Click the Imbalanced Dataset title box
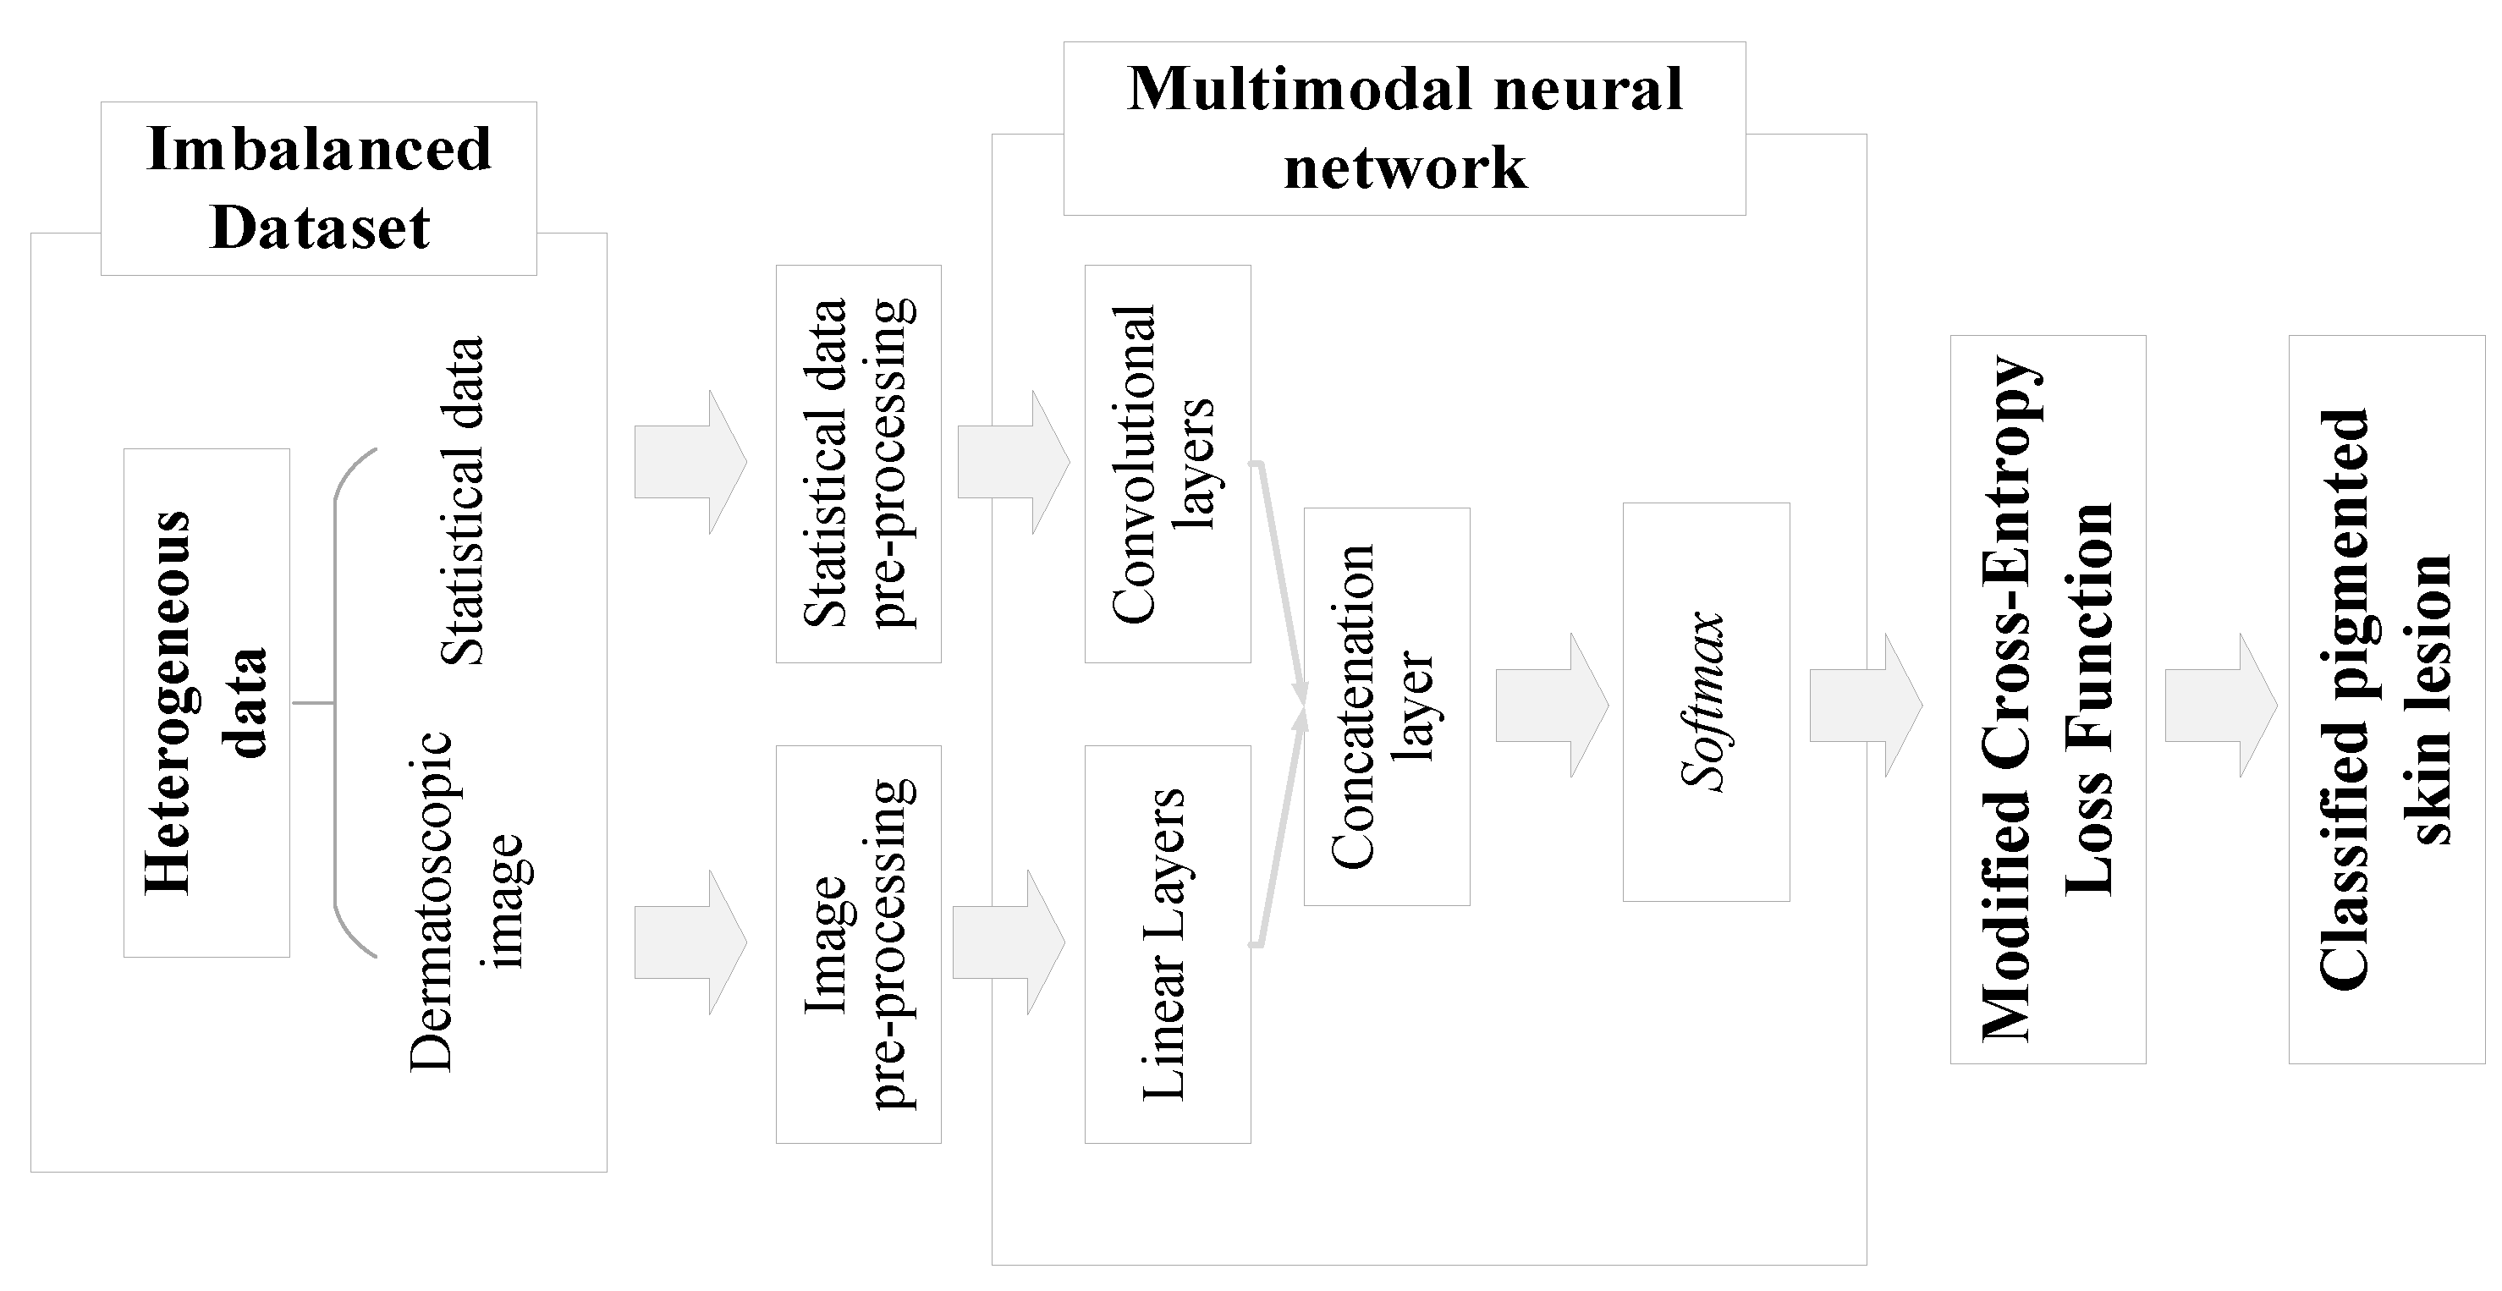pyautogui.click(x=319, y=189)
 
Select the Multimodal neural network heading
pyautogui.click(x=1404, y=129)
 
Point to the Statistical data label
pyautogui.click(x=462, y=500)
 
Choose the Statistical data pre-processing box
pyautogui.click(x=859, y=464)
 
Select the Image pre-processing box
pyautogui.click(x=859, y=943)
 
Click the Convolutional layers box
pyautogui.click(x=1167, y=464)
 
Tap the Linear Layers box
pyautogui.click(x=1167, y=943)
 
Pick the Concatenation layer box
pyautogui.click(x=1386, y=706)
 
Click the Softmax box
pyautogui.click(x=1706, y=701)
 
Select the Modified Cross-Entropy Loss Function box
pyautogui.click(x=2048, y=700)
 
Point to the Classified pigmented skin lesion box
pyautogui.click(x=2386, y=700)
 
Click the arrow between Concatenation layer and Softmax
pyautogui.click(x=1550, y=706)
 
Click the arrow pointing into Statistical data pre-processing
pyautogui.click(x=690, y=463)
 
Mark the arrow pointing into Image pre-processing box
pyautogui.click(x=690, y=942)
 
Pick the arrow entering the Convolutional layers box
pyautogui.click(x=1012, y=463)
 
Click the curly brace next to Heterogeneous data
pyautogui.click(x=340, y=702)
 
